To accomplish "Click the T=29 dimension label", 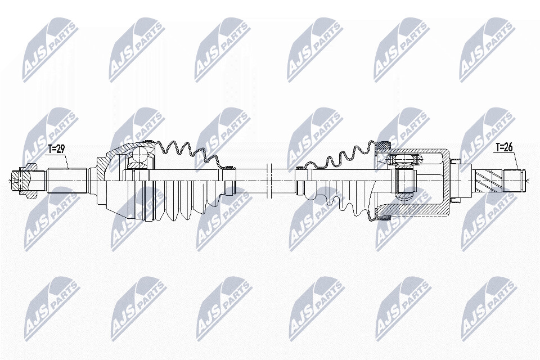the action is [56, 149].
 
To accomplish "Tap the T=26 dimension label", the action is [504, 147].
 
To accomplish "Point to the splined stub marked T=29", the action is [66, 181].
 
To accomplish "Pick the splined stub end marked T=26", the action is [514, 181].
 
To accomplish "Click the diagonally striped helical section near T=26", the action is [488, 181].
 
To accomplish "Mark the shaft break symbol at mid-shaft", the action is [269, 179].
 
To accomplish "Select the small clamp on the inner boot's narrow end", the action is [300, 168].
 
